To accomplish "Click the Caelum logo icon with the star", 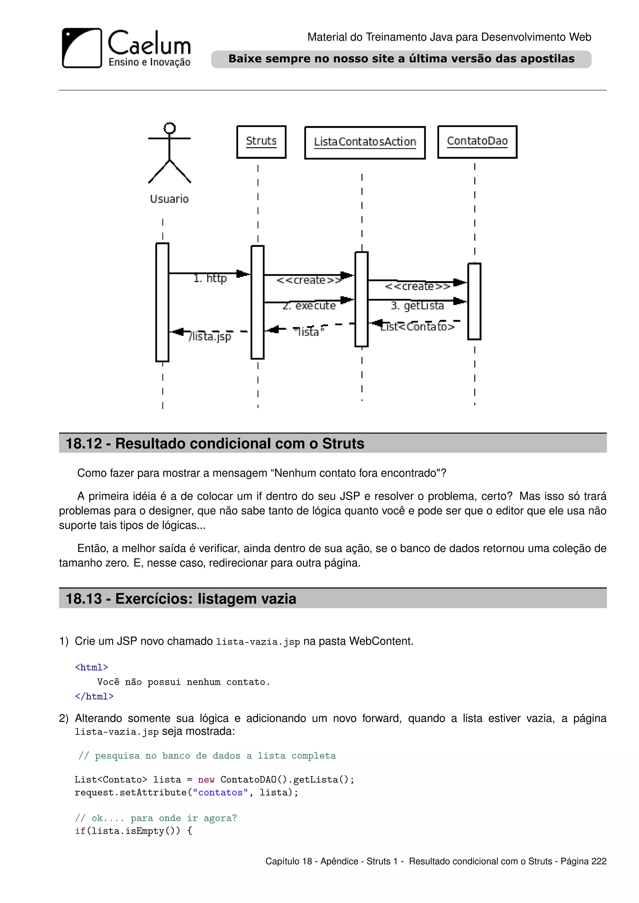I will (82, 48).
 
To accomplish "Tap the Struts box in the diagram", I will (261, 142).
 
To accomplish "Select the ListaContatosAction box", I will (365, 142).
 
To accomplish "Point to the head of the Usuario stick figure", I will (170, 128).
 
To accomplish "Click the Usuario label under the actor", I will (169, 199).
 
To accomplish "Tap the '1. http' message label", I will (210, 278).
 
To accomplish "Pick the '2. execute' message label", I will (309, 306).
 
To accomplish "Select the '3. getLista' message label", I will (417, 306).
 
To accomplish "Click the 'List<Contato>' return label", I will (417, 326).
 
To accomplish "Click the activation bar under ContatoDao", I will (474, 301).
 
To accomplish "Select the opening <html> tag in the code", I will (91, 667).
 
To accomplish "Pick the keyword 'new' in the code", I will (206, 780).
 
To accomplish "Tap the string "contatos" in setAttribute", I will (220, 793).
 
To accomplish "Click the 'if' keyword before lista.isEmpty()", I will (80, 831).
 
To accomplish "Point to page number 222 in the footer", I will (599, 861).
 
